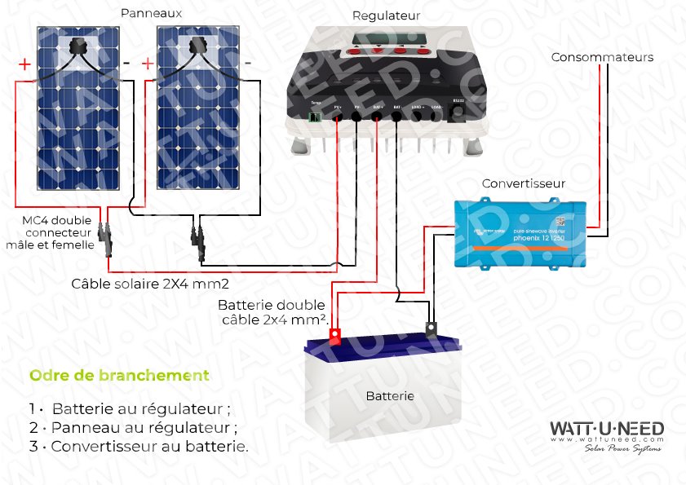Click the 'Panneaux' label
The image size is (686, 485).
150,13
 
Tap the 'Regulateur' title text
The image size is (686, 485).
386,15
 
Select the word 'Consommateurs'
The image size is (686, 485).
602,57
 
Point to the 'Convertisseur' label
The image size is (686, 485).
523,183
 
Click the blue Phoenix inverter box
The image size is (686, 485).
520,234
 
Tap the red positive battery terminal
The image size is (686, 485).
334,333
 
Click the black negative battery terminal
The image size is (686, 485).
429,330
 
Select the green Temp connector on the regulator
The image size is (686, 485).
316,117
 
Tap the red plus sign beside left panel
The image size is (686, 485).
24,64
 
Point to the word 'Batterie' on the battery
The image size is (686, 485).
389,396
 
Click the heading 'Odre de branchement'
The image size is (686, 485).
119,376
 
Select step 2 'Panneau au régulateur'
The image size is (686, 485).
133,427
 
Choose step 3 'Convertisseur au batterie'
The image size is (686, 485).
138,447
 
